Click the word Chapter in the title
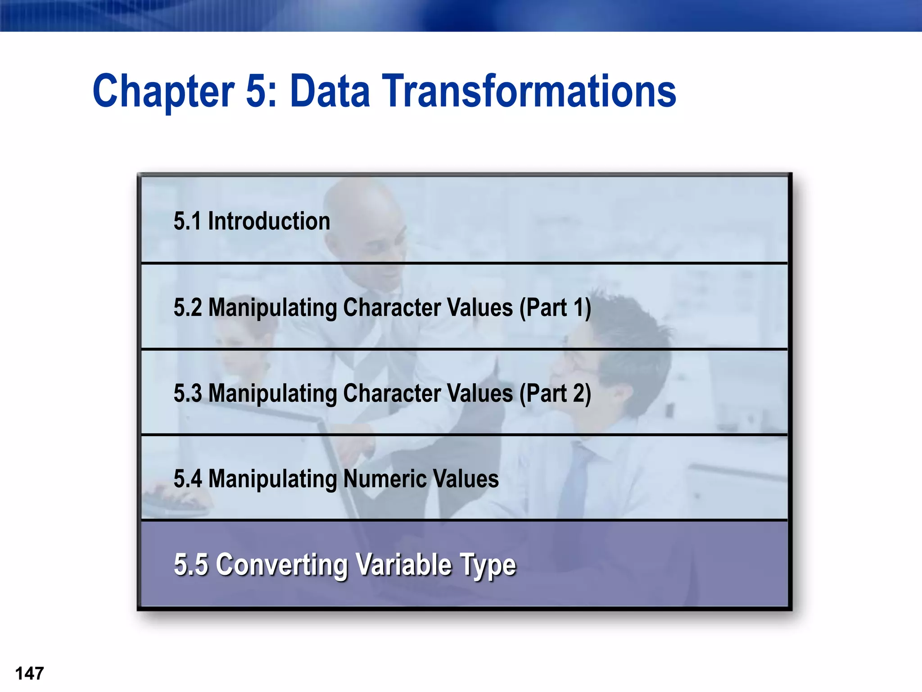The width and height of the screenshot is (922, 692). coord(163,91)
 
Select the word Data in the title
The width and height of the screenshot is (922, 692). coord(330,91)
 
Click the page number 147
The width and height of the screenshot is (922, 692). coord(30,674)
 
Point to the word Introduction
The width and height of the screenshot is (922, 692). coord(269,221)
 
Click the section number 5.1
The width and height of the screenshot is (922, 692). coord(187,221)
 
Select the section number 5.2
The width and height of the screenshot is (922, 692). coord(188,308)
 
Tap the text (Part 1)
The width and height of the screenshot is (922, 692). coord(555,308)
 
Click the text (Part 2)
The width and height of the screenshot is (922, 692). coord(555,393)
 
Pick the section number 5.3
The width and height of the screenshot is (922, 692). coord(188,393)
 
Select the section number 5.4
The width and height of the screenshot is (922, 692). coord(188,478)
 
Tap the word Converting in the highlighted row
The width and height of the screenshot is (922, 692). coord(281,565)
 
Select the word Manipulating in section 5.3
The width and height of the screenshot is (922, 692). coord(273,393)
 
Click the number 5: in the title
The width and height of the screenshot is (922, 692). coord(261,91)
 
